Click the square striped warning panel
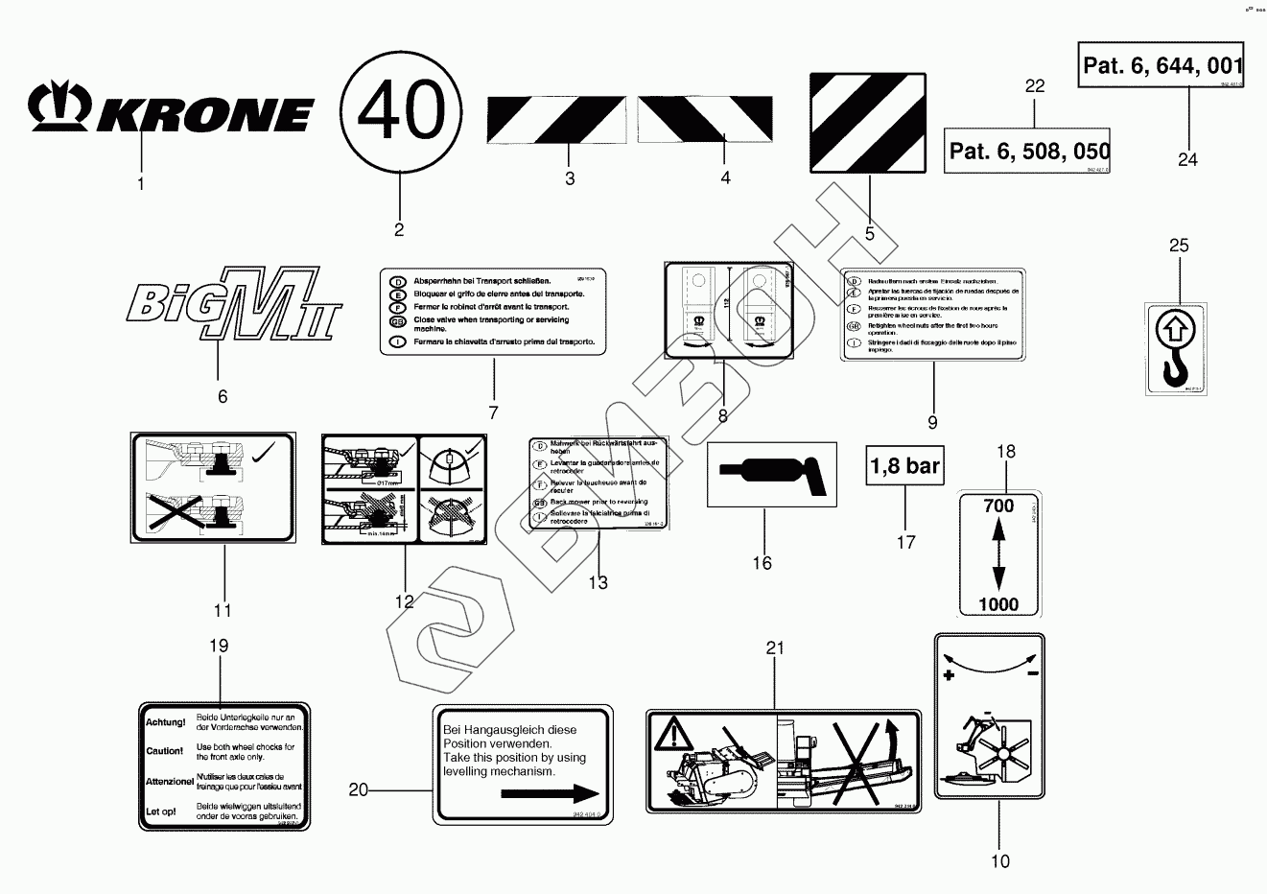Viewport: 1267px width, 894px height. (869, 121)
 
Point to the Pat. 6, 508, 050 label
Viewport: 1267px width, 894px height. (1028, 151)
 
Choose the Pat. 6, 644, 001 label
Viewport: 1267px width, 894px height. (1162, 65)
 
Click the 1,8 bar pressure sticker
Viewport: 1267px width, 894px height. (904, 467)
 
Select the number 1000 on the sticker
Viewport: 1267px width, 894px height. (998, 604)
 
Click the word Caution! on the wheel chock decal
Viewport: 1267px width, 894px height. (164, 751)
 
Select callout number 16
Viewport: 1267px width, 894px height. (762, 563)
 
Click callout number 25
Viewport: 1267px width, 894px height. (1179, 246)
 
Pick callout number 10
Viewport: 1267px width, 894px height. (999, 861)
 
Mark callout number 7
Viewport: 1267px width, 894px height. (493, 413)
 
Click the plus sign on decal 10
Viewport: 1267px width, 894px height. (949, 676)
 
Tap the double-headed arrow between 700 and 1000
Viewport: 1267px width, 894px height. (998, 554)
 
